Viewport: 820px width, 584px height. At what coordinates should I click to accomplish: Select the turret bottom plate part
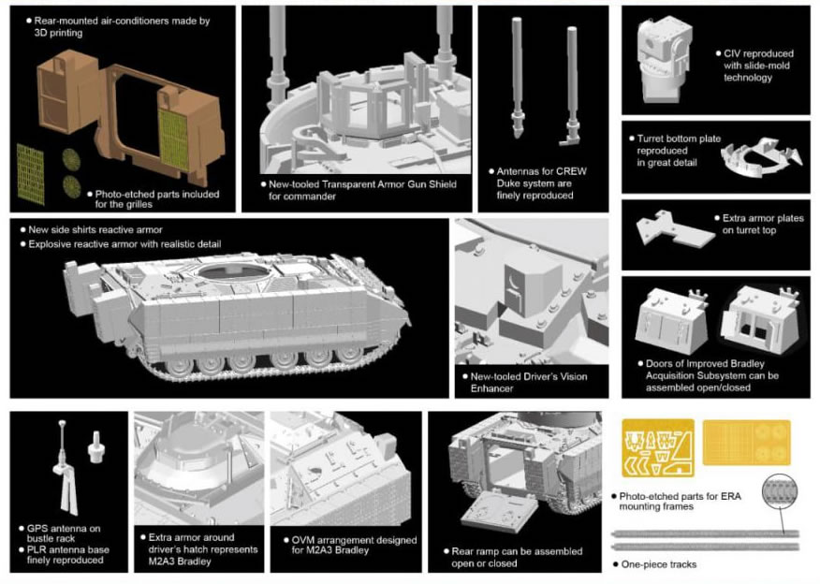[761, 158]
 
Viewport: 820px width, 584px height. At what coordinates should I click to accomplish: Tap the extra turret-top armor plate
[674, 228]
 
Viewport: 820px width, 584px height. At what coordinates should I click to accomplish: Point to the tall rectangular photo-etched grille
[30, 174]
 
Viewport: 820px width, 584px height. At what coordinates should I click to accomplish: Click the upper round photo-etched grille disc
[71, 159]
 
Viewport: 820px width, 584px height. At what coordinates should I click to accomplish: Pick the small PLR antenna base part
[95, 446]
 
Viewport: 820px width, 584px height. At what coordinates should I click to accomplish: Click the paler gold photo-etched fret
[746, 443]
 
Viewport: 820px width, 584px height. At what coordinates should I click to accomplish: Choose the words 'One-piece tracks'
[659, 564]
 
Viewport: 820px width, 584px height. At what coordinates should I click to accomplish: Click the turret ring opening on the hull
[233, 271]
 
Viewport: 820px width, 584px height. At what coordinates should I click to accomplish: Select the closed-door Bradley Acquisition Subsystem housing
[671, 320]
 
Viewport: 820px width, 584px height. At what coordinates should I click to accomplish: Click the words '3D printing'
[58, 33]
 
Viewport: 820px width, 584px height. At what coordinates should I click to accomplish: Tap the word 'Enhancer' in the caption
[491, 388]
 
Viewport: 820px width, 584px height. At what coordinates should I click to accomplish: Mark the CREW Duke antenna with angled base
[571, 86]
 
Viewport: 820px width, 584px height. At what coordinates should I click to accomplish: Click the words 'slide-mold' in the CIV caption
[756, 66]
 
